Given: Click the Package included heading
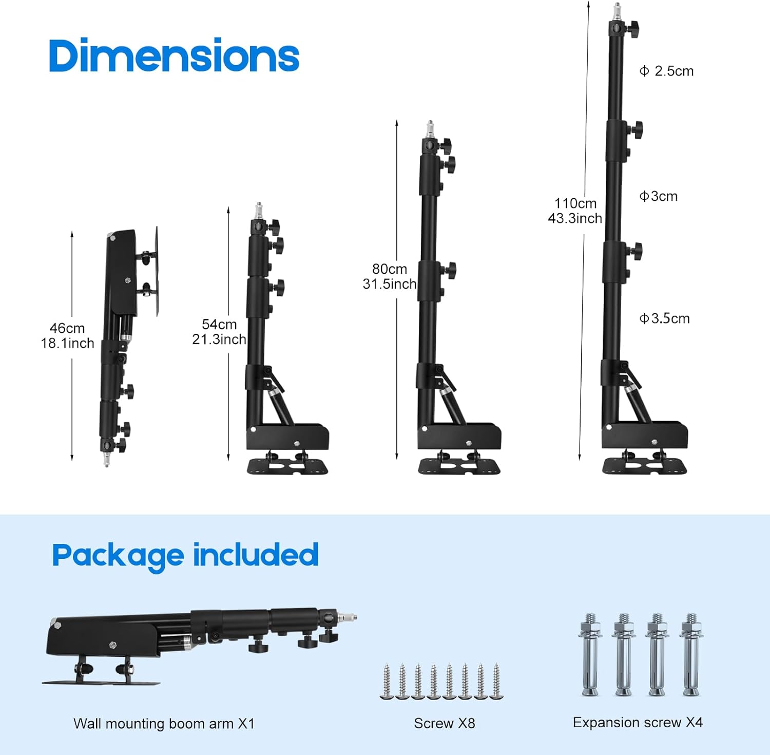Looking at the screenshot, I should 185,556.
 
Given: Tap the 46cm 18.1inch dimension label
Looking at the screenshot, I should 67,335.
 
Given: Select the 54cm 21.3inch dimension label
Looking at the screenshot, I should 219,332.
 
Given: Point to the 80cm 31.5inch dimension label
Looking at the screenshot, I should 390,276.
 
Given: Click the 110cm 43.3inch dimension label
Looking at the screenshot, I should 575,211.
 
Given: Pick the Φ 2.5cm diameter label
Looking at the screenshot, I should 666,71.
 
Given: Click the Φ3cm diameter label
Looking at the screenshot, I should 658,196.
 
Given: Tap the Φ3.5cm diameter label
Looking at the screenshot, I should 664,318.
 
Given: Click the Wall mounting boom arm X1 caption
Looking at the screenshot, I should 164,723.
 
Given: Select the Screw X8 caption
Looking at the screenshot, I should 444,723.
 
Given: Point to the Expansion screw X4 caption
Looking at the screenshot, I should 637,722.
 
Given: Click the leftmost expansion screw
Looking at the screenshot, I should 590,655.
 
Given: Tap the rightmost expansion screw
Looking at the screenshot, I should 691,655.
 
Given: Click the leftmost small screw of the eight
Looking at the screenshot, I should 387,682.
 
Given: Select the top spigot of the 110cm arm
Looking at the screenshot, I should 617,10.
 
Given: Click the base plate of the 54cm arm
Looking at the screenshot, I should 287,466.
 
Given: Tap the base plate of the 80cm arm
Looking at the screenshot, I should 459,466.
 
